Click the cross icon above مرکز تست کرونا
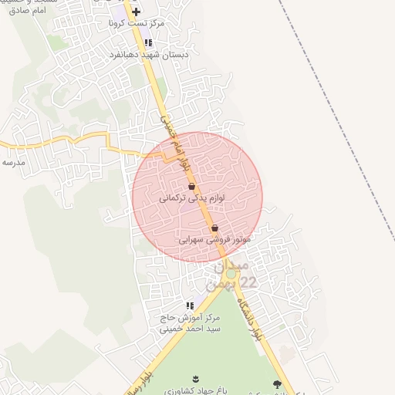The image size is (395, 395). (x=137, y=12)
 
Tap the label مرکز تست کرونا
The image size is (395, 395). (x=137, y=25)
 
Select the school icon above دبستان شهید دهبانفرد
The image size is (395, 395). (x=148, y=43)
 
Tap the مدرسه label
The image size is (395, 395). (x=15, y=162)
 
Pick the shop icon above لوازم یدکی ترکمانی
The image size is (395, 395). (x=191, y=186)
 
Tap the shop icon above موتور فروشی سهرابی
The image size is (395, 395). (x=214, y=228)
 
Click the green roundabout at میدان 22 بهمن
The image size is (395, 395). (x=230, y=273)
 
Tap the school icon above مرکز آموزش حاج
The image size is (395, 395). (x=190, y=306)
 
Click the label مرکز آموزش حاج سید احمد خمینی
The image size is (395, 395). (x=190, y=322)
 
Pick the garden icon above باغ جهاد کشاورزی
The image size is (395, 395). (x=194, y=379)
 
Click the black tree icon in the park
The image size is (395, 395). (x=277, y=384)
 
